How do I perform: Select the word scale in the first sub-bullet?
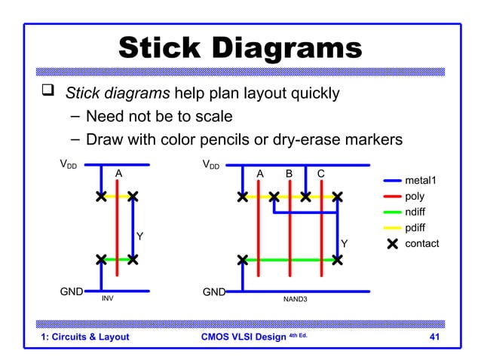(x=212, y=117)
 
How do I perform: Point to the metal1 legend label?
(x=421, y=181)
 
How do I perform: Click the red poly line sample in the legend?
(x=392, y=197)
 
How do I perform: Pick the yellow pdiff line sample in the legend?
(x=392, y=228)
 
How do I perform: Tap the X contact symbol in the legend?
(x=392, y=244)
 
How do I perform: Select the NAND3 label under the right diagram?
(x=295, y=299)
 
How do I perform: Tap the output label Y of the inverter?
(x=139, y=237)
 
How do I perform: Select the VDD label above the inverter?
(x=69, y=164)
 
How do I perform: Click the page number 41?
(x=434, y=337)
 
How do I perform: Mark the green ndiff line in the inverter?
(x=116, y=260)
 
